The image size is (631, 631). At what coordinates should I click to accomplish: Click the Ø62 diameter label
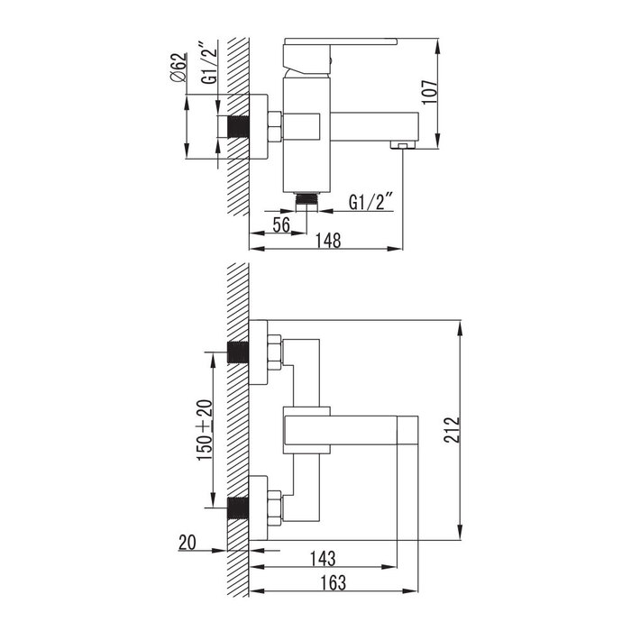[179, 68]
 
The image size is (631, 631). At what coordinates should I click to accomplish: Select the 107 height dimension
[429, 92]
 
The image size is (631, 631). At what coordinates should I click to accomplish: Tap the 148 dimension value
[328, 241]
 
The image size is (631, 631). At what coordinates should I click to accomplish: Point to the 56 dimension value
[281, 224]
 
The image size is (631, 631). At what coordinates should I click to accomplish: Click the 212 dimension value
[452, 430]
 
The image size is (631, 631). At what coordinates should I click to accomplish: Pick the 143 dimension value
[323, 558]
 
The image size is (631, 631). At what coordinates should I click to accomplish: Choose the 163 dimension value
[334, 582]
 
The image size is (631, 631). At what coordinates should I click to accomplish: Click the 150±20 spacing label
[205, 430]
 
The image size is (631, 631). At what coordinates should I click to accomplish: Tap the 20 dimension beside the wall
[187, 542]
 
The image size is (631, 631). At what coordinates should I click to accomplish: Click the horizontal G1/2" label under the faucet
[370, 202]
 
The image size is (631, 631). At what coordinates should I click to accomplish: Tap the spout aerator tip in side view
[402, 145]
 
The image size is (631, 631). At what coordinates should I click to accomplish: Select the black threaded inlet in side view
[238, 127]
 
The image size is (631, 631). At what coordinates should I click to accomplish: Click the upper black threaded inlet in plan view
[238, 352]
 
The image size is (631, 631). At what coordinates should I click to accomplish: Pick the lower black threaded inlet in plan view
[238, 508]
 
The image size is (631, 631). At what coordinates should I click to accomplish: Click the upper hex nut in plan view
[274, 352]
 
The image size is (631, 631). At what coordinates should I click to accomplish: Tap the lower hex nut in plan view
[274, 508]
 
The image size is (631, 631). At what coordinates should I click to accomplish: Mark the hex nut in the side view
[274, 127]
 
